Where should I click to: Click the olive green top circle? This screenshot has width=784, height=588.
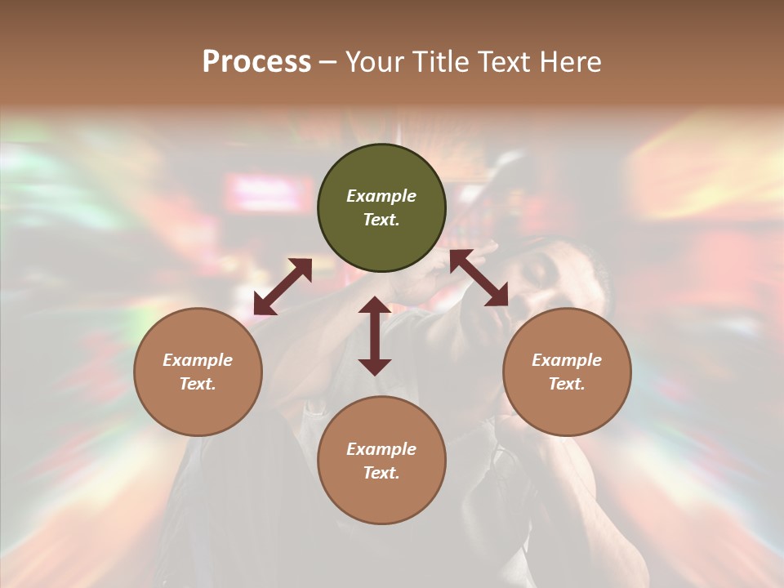pyautogui.click(x=381, y=207)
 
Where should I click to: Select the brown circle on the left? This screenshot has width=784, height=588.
pyautogui.click(x=198, y=372)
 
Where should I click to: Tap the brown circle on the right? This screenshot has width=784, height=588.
pyautogui.click(x=566, y=372)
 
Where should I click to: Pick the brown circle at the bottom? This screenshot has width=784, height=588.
pyautogui.click(x=381, y=461)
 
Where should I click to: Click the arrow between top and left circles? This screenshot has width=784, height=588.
pyautogui.click(x=283, y=287)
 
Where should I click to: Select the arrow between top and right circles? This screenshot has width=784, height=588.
pyautogui.click(x=479, y=278)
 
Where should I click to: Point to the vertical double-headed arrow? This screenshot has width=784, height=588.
pyautogui.click(x=375, y=336)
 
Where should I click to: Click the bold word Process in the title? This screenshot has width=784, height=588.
pyautogui.click(x=256, y=61)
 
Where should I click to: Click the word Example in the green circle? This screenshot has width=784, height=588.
pyautogui.click(x=381, y=196)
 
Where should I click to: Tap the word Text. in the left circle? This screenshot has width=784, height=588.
pyautogui.click(x=198, y=384)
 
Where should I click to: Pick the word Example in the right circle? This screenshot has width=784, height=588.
pyautogui.click(x=566, y=360)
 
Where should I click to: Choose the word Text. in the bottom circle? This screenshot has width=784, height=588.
pyautogui.click(x=381, y=473)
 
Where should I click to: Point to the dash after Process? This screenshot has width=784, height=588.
pyautogui.click(x=327, y=62)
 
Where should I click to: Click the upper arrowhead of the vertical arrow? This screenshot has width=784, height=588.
pyautogui.click(x=375, y=306)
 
